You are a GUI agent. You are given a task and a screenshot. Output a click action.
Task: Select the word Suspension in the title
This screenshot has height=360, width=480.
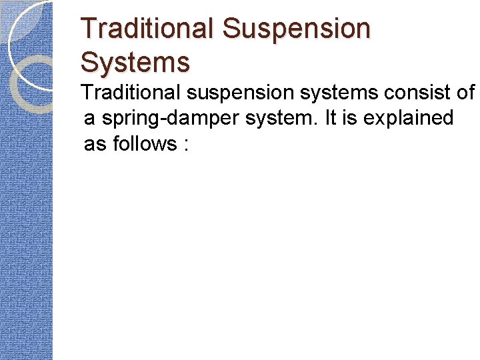(x=297, y=29)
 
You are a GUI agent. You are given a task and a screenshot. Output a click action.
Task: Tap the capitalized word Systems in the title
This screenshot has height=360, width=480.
(x=135, y=62)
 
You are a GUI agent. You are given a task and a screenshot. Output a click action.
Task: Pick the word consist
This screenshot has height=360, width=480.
(x=403, y=93)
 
